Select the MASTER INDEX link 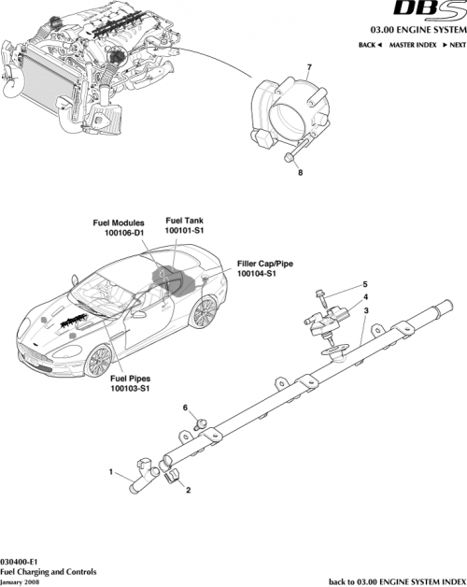[x=414, y=46]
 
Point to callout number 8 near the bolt [x=300, y=172]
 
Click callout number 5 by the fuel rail [x=365, y=284]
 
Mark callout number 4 [x=365, y=296]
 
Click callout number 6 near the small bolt [x=186, y=408]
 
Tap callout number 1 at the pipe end [x=112, y=473]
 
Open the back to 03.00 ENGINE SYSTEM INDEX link [x=396, y=580]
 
